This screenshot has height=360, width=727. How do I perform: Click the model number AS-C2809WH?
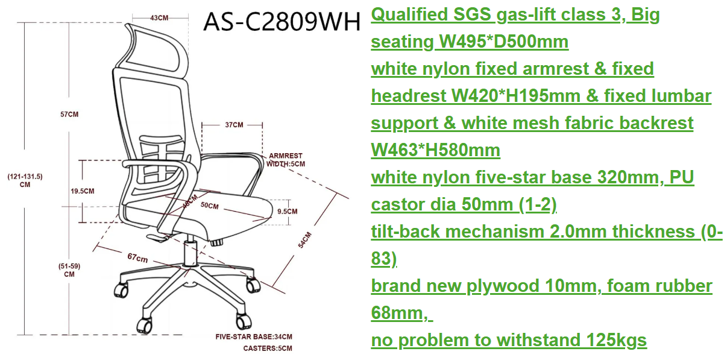282,22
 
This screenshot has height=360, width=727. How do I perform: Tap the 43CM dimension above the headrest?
159,18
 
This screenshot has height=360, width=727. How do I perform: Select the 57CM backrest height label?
69,114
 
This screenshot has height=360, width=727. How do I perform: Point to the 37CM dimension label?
234,125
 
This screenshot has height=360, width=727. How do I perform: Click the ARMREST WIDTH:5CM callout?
286,160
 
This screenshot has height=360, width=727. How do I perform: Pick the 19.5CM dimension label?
83,191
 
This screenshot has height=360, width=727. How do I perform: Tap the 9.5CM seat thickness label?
287,212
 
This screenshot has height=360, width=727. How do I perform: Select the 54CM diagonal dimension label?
305,240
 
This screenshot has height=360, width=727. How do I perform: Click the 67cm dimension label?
137,258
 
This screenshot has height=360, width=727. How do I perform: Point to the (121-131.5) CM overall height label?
25,180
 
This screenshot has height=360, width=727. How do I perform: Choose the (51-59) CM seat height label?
69,270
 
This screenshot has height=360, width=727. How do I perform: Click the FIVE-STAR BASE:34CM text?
254,337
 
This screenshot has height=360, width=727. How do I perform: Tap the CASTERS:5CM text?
268,349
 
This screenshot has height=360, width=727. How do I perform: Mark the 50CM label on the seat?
210,206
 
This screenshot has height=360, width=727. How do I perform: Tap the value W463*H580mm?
436,150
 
